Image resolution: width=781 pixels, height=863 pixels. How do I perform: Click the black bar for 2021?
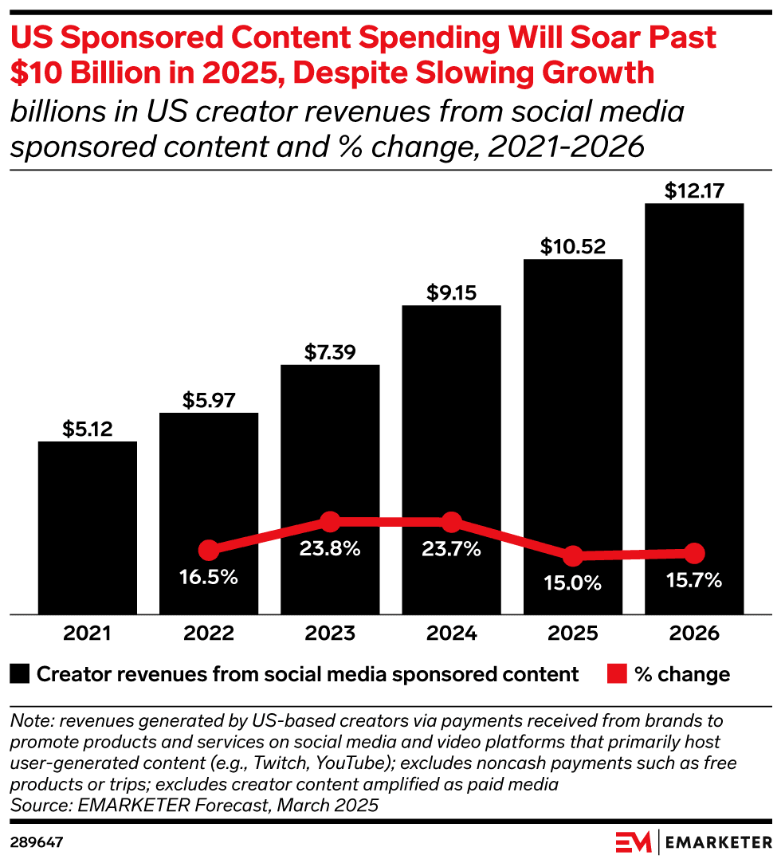click(x=88, y=526)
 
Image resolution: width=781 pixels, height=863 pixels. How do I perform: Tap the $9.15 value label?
click(x=451, y=292)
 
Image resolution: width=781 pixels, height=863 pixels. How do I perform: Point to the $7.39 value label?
click(x=330, y=352)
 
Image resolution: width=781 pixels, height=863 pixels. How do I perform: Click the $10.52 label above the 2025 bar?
click(x=572, y=246)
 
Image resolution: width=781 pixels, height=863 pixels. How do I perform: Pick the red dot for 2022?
click(x=209, y=550)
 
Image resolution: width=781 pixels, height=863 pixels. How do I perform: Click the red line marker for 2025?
click(x=572, y=555)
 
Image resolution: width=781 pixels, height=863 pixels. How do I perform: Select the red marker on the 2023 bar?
click(x=330, y=522)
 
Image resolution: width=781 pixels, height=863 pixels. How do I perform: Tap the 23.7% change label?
click(x=451, y=549)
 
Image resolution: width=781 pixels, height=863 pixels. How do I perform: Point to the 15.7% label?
click(x=694, y=580)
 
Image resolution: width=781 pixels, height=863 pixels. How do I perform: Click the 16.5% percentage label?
click(x=209, y=577)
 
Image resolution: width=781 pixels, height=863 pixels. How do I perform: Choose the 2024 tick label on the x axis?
click(x=451, y=634)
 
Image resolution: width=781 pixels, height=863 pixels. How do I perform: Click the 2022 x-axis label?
click(x=209, y=634)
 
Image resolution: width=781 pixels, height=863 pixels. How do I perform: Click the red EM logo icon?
click(x=634, y=841)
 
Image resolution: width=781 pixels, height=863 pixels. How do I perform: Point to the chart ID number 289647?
click(x=37, y=841)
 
